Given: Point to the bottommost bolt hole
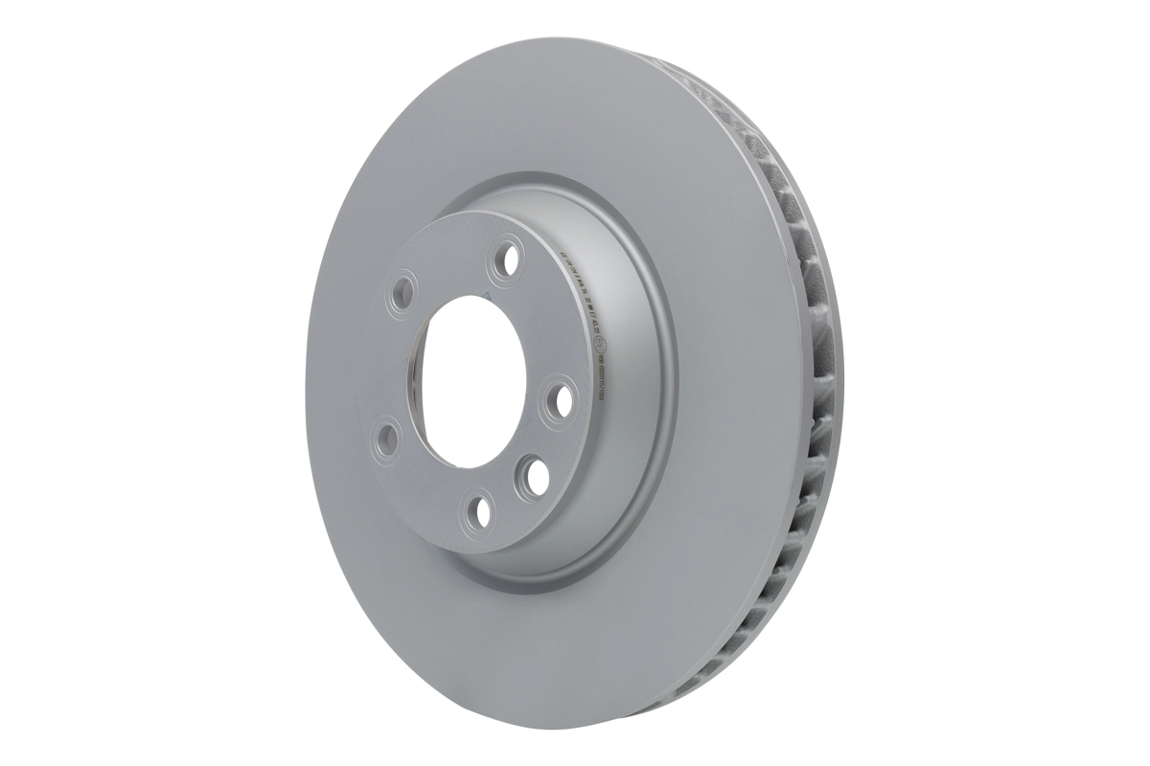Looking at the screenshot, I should tap(473, 513).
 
